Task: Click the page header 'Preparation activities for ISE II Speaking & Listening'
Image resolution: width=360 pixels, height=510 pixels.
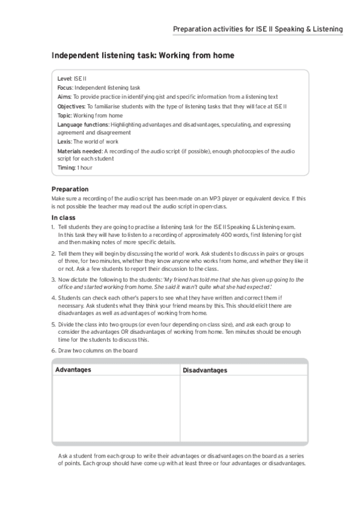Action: click(x=258, y=29)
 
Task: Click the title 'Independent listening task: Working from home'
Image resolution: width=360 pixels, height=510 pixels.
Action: click(x=142, y=55)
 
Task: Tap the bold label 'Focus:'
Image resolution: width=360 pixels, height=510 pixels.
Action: click(x=65, y=88)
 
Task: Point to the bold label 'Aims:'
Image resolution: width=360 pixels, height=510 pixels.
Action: click(x=64, y=97)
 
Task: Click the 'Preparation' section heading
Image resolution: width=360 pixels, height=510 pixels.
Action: click(x=70, y=189)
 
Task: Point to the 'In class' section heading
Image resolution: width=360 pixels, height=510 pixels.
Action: click(x=63, y=217)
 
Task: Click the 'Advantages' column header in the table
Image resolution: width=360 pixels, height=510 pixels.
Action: click(x=73, y=369)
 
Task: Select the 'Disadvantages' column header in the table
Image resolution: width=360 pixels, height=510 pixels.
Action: click(x=205, y=370)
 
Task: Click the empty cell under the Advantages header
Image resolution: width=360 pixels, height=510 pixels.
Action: click(x=116, y=409)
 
